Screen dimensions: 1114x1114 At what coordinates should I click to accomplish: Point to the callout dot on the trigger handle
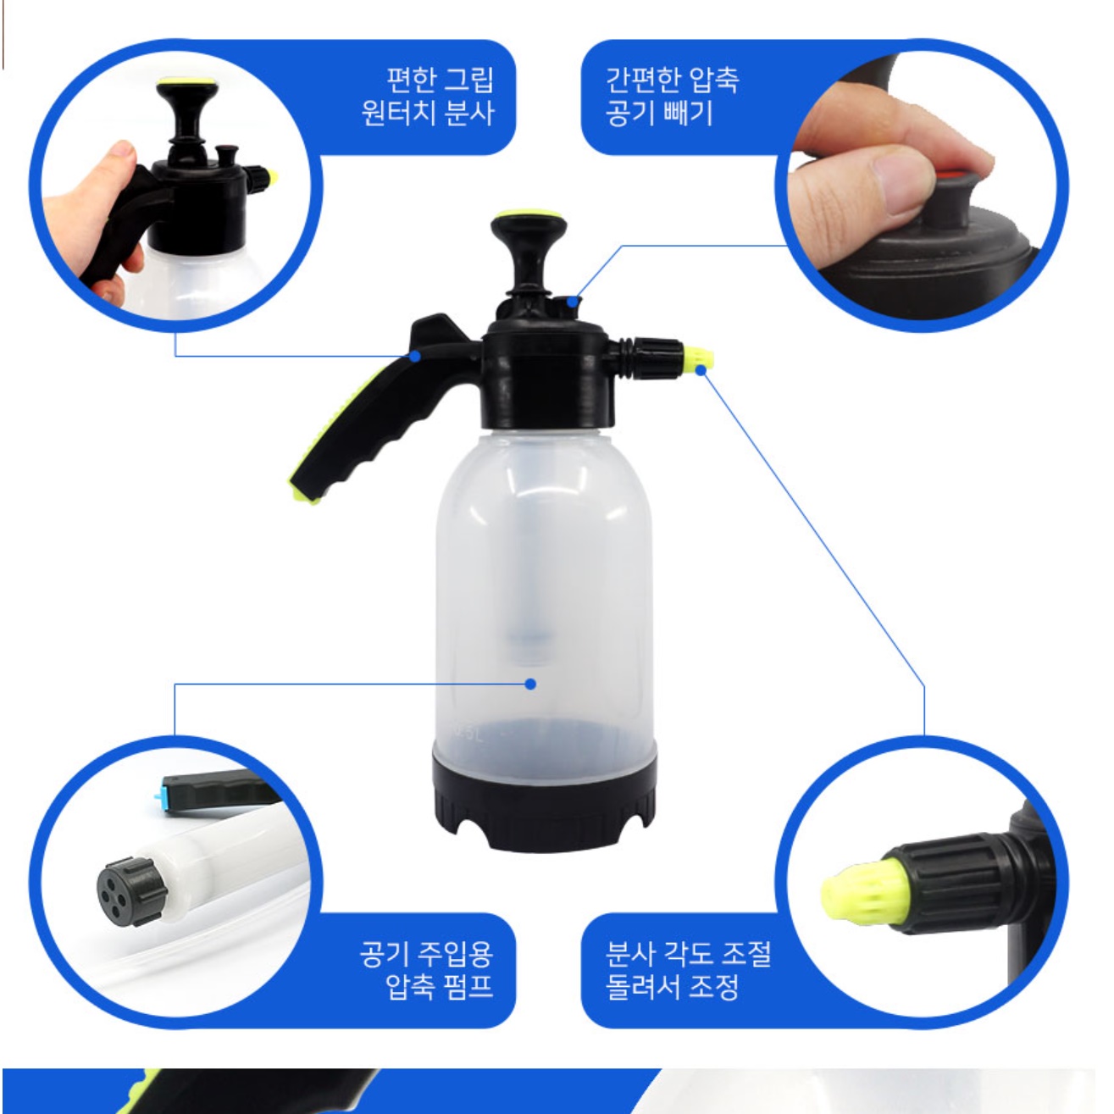[414, 356]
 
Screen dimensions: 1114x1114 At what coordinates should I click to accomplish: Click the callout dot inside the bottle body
[530, 684]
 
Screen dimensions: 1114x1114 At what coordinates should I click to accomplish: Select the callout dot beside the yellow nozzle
[701, 370]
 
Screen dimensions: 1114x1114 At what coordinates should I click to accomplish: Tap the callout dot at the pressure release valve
[573, 302]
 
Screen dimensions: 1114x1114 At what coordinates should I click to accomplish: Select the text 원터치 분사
[428, 113]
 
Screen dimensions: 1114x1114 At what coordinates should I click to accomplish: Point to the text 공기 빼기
[659, 113]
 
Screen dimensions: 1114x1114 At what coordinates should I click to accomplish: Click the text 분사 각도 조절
[688, 955]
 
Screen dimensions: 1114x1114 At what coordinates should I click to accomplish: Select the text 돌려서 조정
[673, 988]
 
